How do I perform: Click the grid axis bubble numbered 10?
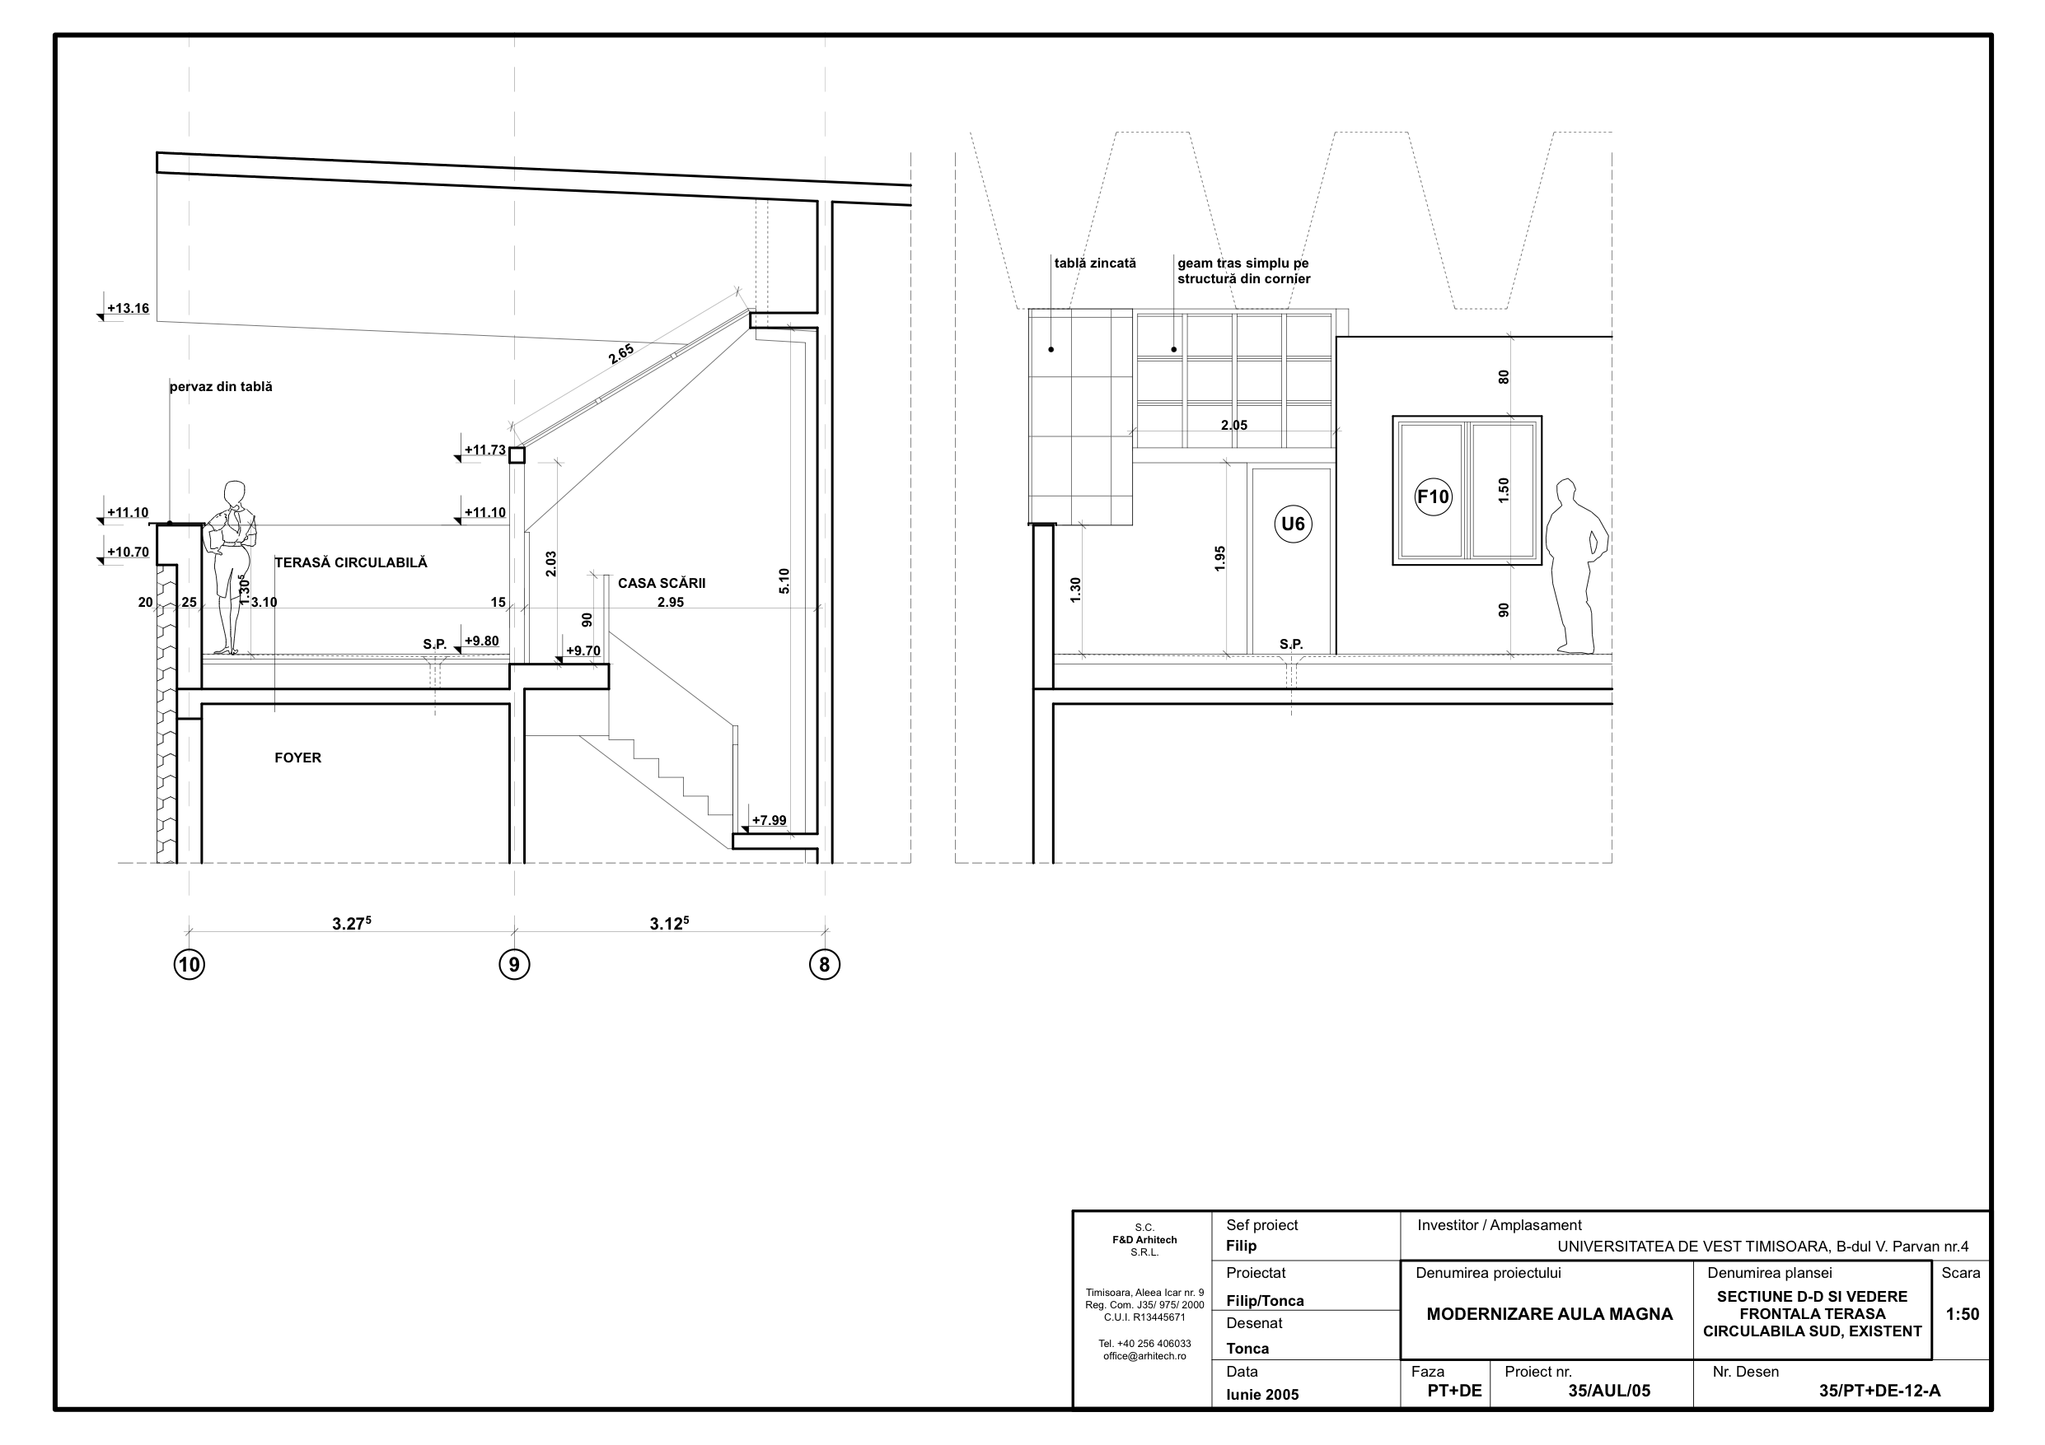point(189,964)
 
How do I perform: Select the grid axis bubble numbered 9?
point(514,964)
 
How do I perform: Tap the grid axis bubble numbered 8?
point(825,964)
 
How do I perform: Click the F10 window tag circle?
point(1433,496)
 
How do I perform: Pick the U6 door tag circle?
point(1293,524)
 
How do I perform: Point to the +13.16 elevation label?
point(129,309)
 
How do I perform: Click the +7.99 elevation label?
point(769,820)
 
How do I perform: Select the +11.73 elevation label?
point(485,450)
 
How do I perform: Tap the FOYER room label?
point(297,757)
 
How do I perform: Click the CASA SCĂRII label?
point(662,583)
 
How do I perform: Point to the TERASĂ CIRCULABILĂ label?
point(351,562)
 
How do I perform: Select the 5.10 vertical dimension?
point(784,581)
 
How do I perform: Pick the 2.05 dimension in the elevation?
point(1234,425)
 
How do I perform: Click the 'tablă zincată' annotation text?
point(1095,263)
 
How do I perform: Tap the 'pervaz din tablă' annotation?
point(221,386)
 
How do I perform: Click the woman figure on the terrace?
point(232,567)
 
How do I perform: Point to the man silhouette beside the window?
point(1576,566)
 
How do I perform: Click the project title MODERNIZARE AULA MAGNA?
point(1550,1314)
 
